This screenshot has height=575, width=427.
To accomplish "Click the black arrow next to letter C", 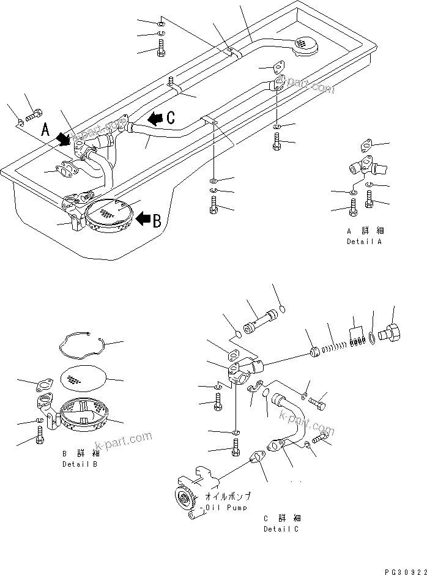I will pos(157,118).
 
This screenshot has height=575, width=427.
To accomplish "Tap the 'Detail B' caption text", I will pos(80,464).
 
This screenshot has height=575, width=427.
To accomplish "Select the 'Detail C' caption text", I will pos(282,529).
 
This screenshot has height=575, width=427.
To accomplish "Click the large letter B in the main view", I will pos(157,220).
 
